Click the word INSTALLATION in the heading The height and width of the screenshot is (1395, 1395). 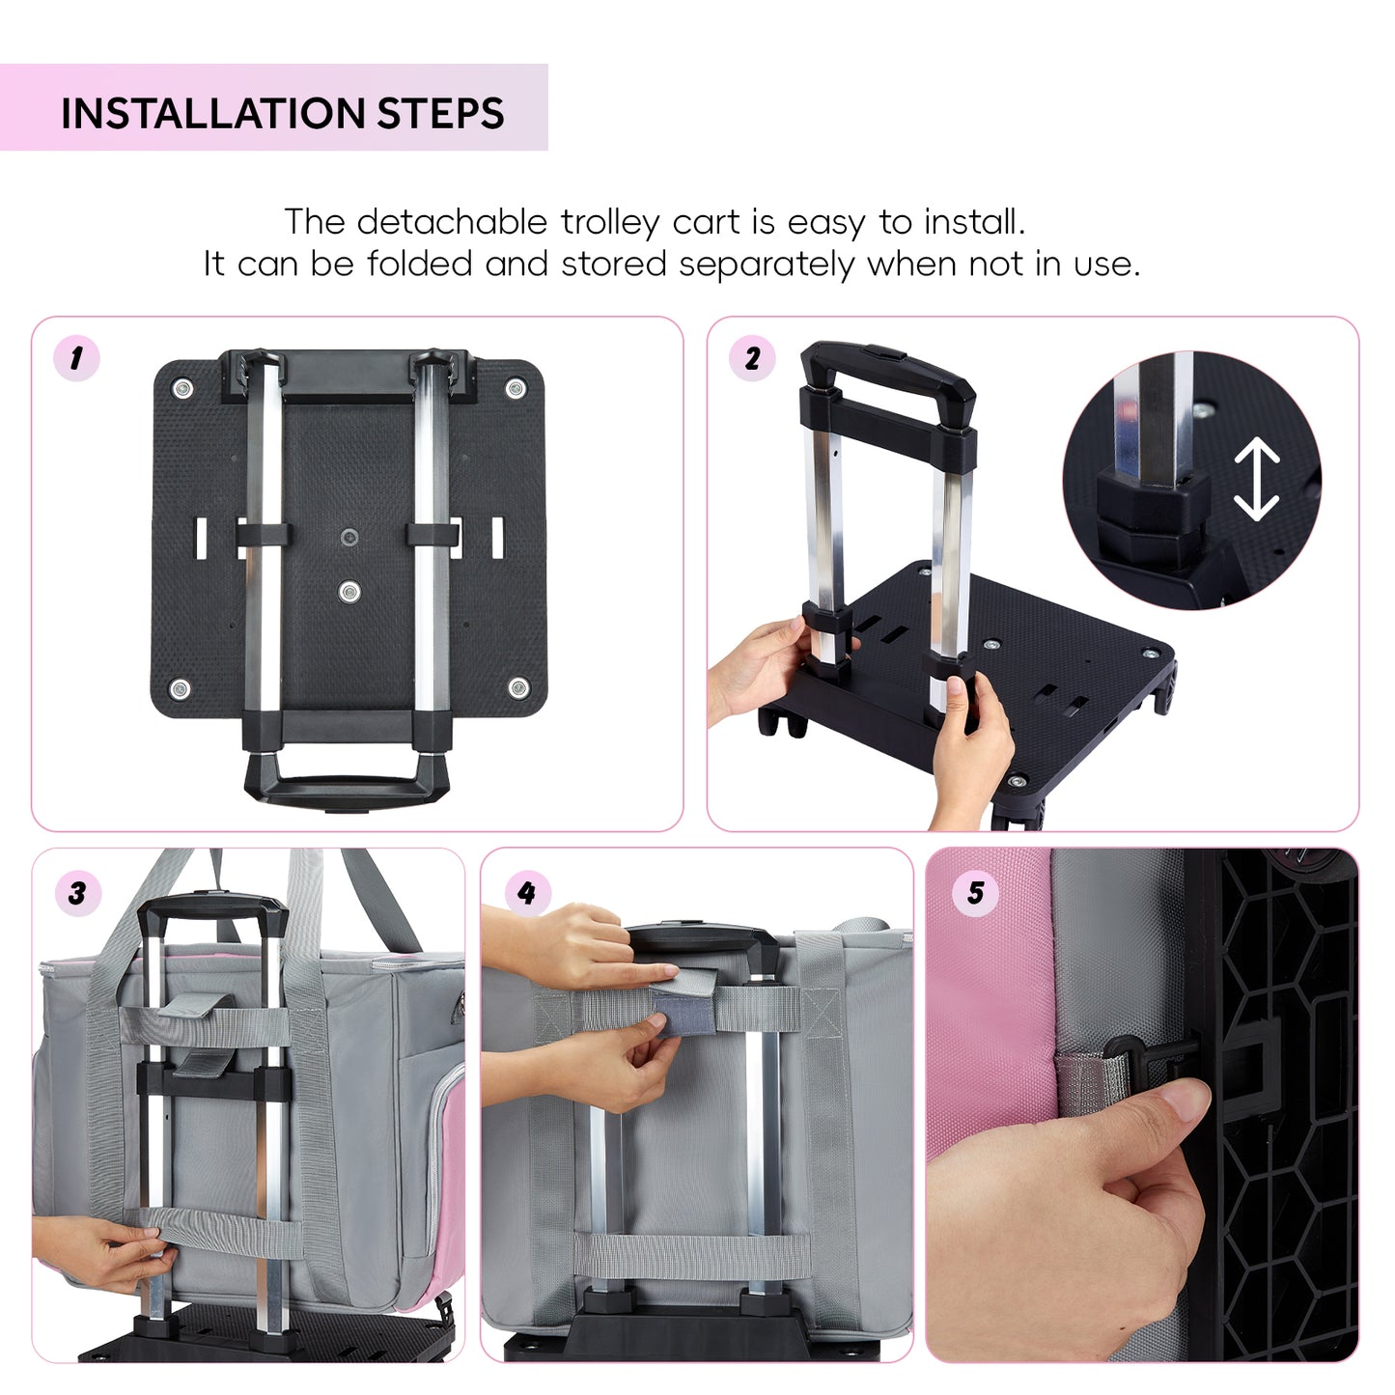click(x=212, y=114)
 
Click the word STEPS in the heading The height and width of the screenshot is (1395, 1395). click(x=440, y=114)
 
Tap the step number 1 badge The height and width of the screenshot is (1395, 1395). click(x=76, y=358)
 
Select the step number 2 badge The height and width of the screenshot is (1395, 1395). click(x=752, y=357)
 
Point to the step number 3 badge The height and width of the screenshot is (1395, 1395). click(x=77, y=893)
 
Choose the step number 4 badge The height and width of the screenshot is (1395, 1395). click(x=527, y=893)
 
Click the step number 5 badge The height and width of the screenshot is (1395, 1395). click(x=976, y=893)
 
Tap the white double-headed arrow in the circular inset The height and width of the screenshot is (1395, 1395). click(x=1256, y=479)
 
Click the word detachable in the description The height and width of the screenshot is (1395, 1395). click(x=452, y=221)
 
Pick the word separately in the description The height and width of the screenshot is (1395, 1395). click(x=767, y=265)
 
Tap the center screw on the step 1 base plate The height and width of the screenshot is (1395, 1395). click(x=349, y=592)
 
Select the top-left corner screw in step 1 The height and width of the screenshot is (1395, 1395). click(x=181, y=388)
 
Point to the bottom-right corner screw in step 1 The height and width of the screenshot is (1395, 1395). click(x=518, y=687)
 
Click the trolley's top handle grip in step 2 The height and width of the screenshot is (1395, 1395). click(x=887, y=368)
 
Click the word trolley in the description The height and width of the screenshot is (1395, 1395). click(x=609, y=223)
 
